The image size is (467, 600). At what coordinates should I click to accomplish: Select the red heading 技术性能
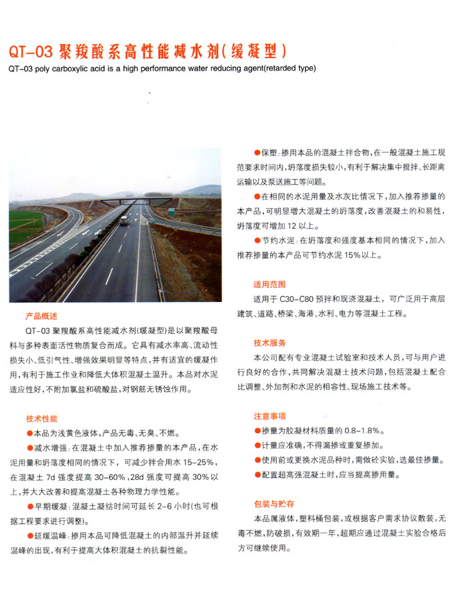pos(41,419)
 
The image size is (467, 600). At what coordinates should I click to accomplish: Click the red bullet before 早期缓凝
pos(29,507)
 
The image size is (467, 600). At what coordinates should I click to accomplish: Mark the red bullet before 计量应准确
pos(257,445)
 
